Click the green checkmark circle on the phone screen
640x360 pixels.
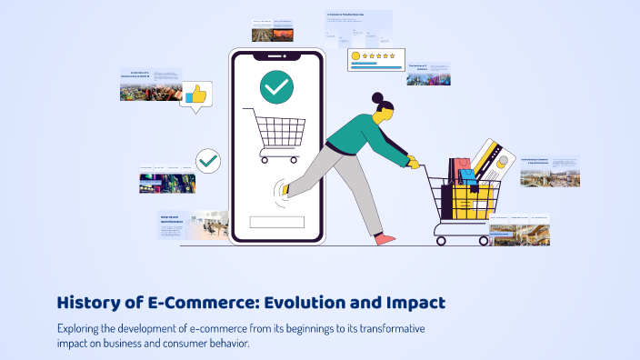tap(276, 87)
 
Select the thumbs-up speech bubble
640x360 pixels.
tap(195, 95)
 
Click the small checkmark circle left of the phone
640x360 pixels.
tap(208, 161)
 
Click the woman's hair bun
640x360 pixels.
tap(377, 96)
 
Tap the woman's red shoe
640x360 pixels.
tap(385, 239)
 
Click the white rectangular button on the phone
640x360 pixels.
tap(276, 222)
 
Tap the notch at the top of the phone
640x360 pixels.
tap(276, 55)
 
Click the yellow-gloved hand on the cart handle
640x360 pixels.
tap(414, 163)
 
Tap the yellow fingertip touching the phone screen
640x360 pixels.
tap(285, 189)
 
